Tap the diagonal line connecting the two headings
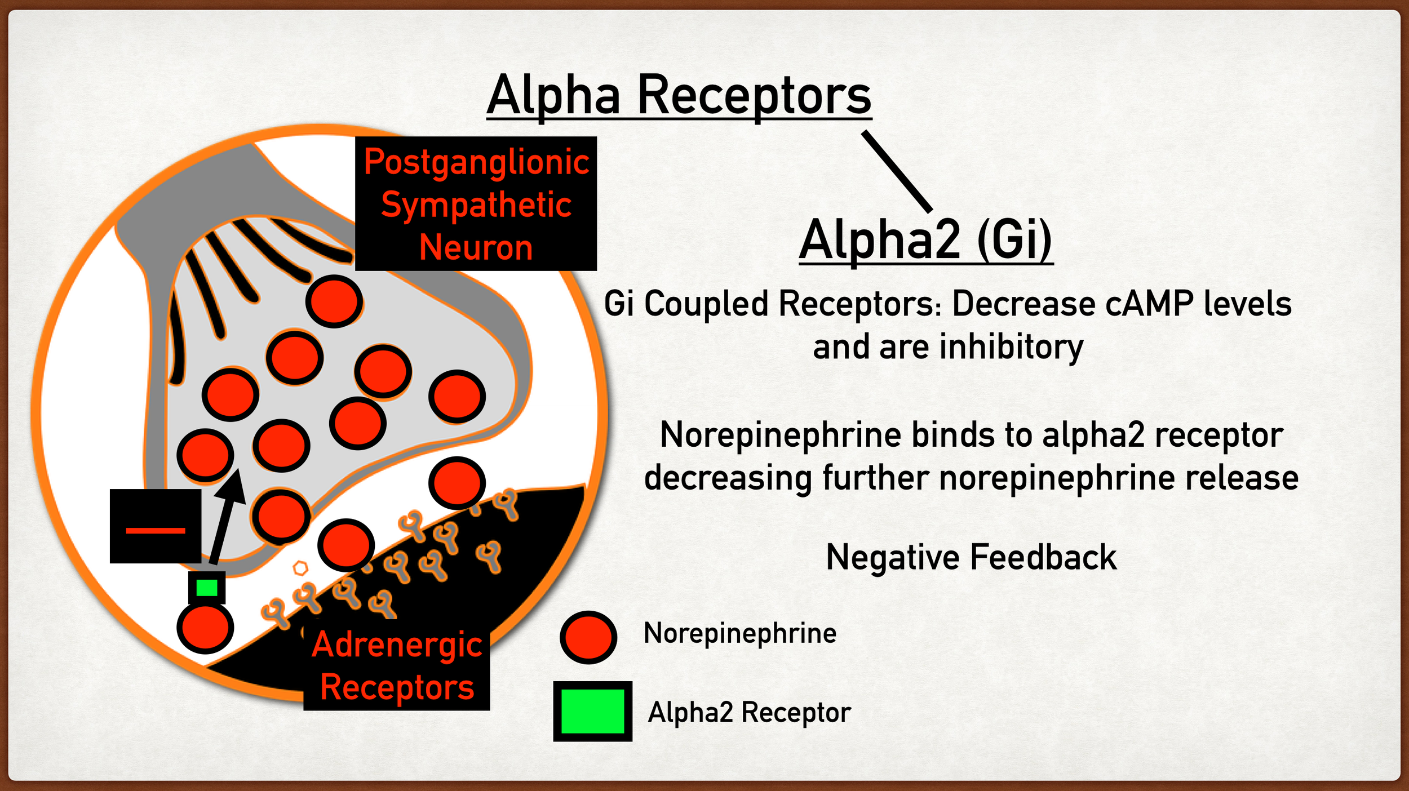(x=897, y=171)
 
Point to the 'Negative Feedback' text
(x=971, y=558)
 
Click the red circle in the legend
(x=588, y=637)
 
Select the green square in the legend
(x=592, y=711)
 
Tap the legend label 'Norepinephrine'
(x=739, y=633)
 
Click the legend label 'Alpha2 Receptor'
(x=749, y=712)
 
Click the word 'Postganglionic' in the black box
(x=476, y=162)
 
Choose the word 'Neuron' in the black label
(x=476, y=248)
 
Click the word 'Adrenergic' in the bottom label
(x=397, y=645)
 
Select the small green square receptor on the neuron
(x=207, y=588)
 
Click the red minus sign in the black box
(x=156, y=531)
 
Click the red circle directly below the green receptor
(x=206, y=627)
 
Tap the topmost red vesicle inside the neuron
(x=334, y=301)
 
